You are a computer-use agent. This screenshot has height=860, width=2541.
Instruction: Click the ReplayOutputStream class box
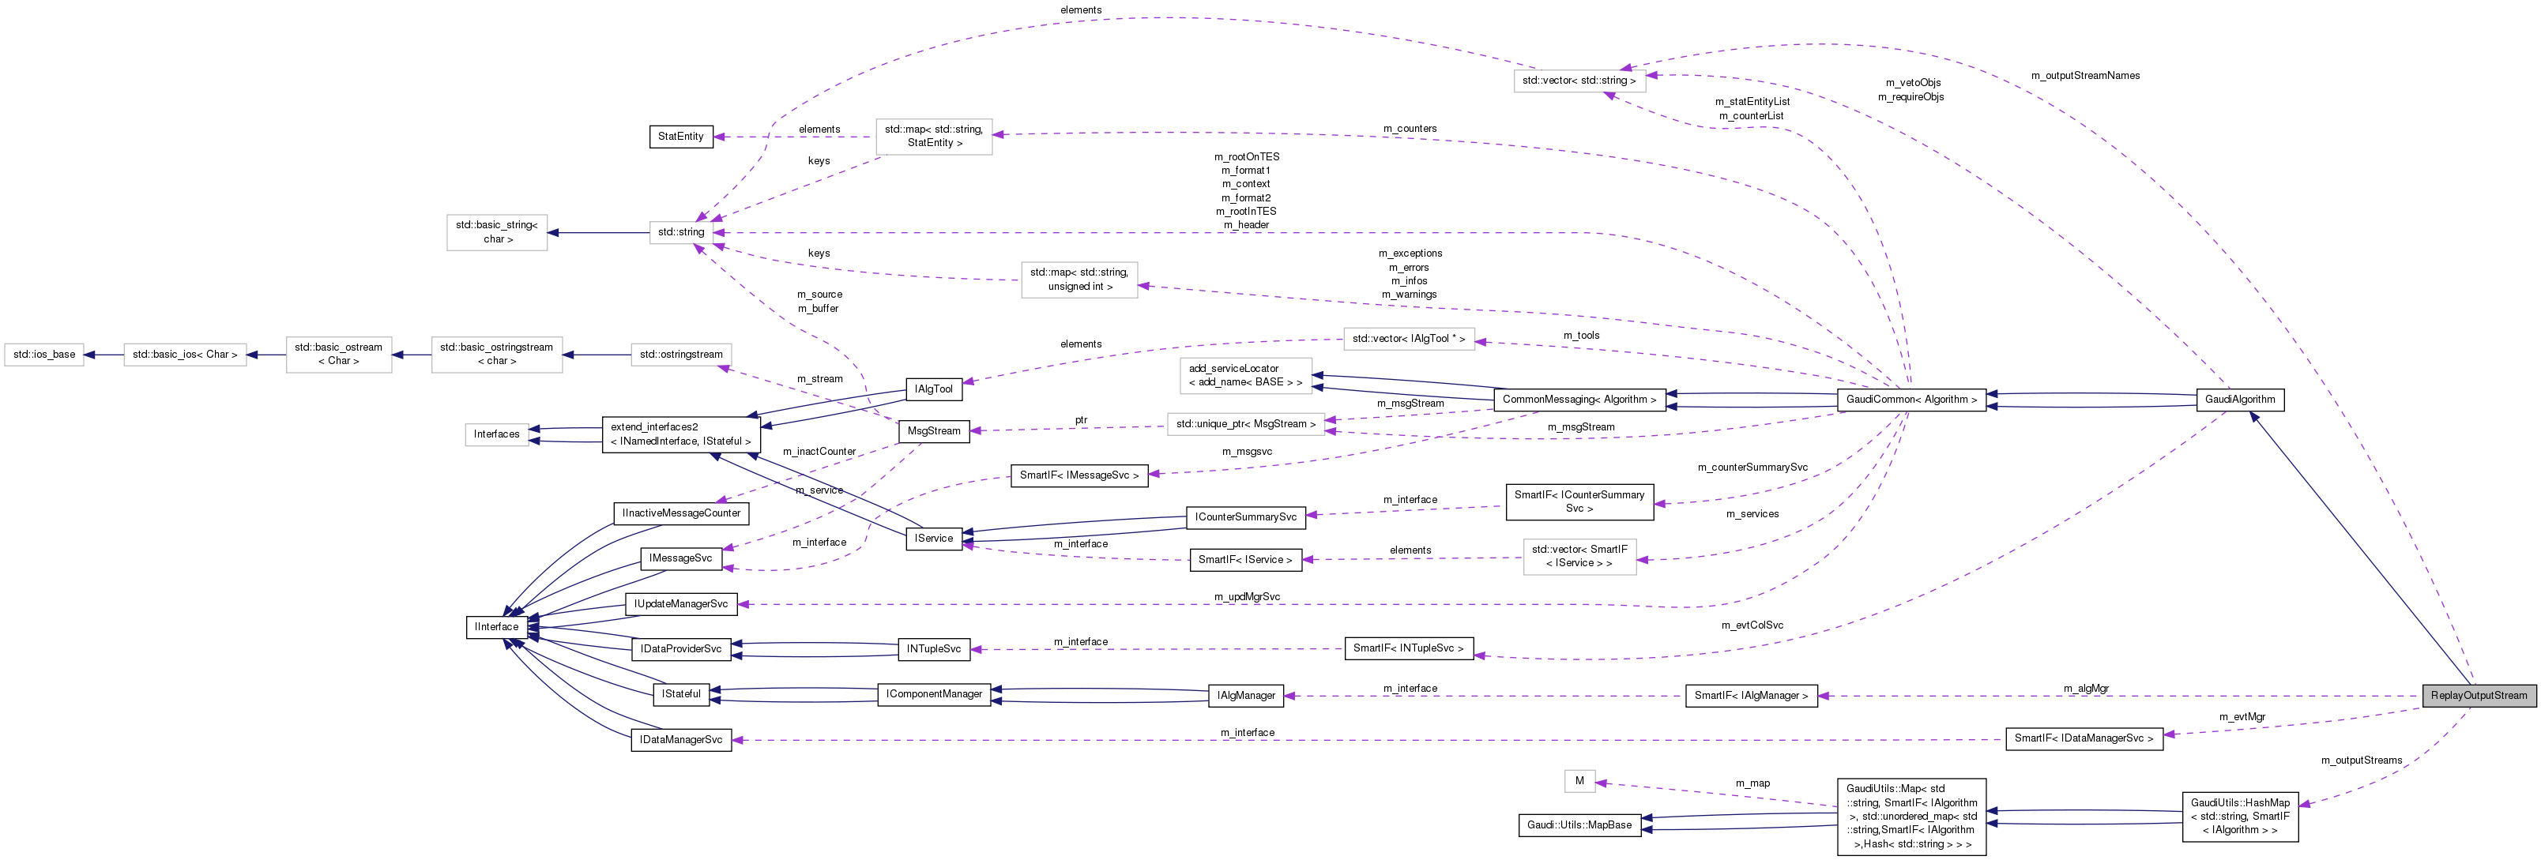click(2478, 695)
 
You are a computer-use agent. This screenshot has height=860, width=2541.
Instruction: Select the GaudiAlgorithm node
click(2239, 400)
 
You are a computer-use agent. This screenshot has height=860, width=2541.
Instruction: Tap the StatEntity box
click(680, 136)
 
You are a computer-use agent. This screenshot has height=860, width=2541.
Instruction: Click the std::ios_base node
click(44, 354)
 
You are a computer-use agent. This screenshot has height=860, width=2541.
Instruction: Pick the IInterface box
click(496, 626)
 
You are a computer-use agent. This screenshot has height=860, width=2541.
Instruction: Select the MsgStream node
click(933, 431)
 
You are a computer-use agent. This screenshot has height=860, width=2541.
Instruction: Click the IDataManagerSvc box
click(680, 740)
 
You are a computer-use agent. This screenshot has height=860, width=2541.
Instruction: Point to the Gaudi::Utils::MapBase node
click(1579, 824)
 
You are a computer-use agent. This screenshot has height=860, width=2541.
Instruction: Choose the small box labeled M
click(1579, 781)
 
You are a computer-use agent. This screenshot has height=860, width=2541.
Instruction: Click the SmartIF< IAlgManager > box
click(1751, 695)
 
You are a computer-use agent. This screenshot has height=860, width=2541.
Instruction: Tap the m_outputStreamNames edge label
click(2084, 76)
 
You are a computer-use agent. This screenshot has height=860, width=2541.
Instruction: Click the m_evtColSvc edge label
click(1752, 625)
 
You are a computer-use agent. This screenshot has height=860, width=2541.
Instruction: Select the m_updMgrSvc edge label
click(1247, 597)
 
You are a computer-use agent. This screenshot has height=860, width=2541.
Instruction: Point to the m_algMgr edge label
click(2085, 689)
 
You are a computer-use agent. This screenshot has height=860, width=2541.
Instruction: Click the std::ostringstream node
click(680, 354)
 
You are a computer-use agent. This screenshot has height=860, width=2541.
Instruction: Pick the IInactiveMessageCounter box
click(680, 513)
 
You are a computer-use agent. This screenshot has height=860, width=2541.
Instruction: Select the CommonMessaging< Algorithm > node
click(1579, 400)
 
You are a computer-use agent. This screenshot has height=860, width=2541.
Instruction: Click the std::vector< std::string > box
click(1579, 81)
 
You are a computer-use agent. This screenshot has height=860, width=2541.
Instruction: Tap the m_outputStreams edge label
click(2361, 760)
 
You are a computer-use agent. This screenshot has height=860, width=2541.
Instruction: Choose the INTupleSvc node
click(933, 649)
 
